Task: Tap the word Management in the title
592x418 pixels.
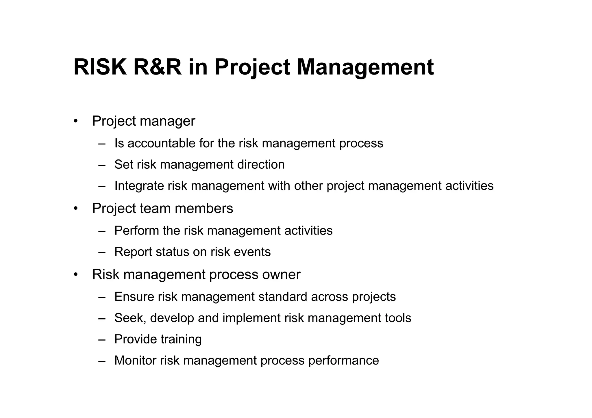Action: tap(365, 67)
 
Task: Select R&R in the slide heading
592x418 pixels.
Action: tap(158, 67)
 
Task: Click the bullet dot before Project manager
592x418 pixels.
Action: tap(76, 121)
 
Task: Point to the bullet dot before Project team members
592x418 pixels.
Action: tap(76, 209)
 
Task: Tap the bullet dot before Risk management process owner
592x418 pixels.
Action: tap(76, 274)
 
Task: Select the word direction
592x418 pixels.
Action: tap(261, 164)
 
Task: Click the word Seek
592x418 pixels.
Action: tap(129, 318)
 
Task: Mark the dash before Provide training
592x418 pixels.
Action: tap(102, 339)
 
